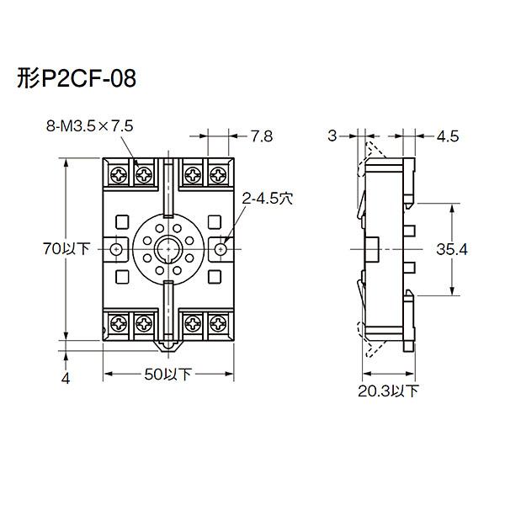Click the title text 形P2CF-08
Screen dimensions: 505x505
76,80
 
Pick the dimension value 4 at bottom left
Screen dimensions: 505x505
66,378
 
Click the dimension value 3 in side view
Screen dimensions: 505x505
332,136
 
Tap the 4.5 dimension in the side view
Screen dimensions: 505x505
448,136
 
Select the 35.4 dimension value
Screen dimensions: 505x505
476,249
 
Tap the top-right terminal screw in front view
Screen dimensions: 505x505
219,176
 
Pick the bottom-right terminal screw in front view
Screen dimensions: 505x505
219,322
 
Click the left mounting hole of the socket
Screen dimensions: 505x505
116,249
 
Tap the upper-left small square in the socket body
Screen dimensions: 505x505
123,221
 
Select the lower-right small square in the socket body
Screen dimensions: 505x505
214,277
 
